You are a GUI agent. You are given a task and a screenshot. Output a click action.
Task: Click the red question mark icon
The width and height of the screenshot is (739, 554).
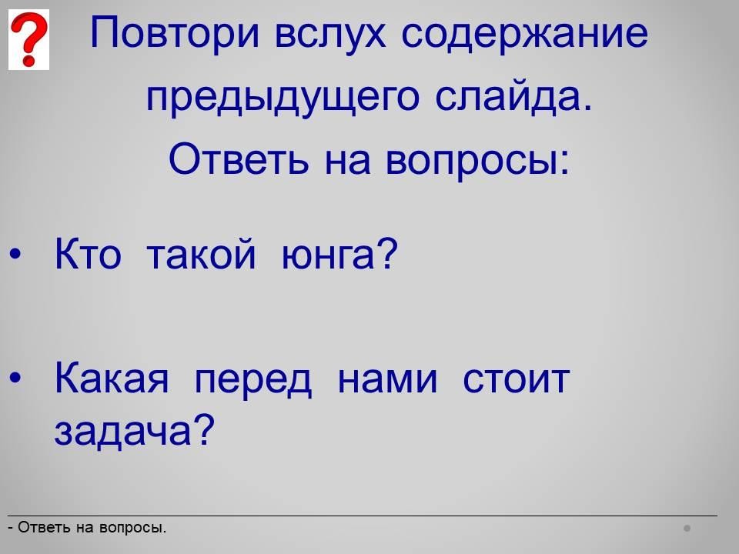(x=28, y=39)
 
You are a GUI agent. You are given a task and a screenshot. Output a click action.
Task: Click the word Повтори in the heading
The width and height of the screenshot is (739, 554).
(x=175, y=34)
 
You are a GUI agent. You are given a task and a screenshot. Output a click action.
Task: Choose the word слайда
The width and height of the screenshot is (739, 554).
(x=513, y=97)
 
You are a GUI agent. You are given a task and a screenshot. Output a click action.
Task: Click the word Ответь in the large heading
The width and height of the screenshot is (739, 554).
(x=239, y=159)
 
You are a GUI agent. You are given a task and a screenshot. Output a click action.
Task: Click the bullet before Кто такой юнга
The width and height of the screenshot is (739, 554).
(x=15, y=254)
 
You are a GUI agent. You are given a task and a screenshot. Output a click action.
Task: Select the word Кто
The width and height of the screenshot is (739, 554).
(x=88, y=253)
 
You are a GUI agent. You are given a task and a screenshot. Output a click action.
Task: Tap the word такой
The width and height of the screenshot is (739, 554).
(x=201, y=252)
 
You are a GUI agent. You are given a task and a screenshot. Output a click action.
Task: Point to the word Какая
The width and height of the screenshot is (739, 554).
(x=112, y=379)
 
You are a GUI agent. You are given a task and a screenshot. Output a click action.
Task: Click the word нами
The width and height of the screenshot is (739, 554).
(x=388, y=379)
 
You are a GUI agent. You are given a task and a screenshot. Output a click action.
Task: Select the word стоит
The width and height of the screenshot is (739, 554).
(x=516, y=379)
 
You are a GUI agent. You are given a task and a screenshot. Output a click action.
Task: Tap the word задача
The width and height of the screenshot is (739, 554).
(x=134, y=429)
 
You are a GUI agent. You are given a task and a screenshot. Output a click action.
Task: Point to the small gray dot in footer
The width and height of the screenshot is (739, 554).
(x=687, y=528)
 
